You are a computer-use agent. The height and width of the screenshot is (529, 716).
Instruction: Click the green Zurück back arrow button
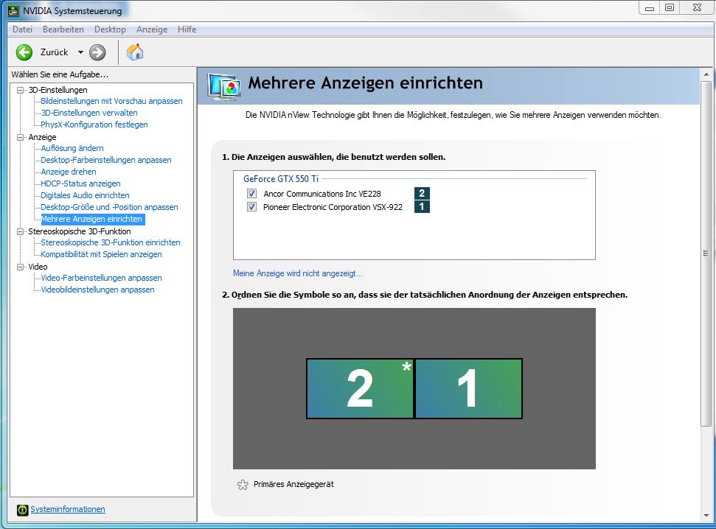click(24, 52)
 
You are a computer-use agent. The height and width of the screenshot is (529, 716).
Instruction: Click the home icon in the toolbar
click(135, 52)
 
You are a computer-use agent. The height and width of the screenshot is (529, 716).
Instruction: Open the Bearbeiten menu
click(63, 29)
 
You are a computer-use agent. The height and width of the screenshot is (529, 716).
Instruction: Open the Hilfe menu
click(187, 29)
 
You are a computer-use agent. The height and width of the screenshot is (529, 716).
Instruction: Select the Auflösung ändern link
click(72, 148)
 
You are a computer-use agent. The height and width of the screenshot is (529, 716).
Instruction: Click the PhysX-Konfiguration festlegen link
click(94, 125)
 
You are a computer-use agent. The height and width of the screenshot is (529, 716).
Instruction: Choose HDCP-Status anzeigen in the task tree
click(80, 183)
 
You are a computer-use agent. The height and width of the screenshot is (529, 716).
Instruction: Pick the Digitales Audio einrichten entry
click(85, 195)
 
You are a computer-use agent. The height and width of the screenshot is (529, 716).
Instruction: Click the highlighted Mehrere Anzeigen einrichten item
click(91, 219)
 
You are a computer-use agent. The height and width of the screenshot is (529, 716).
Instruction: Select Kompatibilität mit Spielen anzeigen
click(101, 254)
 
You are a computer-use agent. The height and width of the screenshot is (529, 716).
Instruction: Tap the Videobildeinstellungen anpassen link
click(97, 290)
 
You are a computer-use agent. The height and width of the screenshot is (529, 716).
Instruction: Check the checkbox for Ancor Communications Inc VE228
click(251, 194)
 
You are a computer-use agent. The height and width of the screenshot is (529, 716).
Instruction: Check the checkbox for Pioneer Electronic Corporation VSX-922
click(251, 207)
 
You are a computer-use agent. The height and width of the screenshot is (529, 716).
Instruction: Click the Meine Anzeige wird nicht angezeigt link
click(298, 273)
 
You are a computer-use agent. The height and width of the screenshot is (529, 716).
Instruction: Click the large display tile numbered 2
click(360, 388)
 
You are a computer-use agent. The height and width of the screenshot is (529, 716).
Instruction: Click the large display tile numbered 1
click(468, 388)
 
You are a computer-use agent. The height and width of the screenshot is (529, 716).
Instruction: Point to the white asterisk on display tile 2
click(406, 366)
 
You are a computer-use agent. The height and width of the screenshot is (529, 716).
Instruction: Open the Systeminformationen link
click(68, 509)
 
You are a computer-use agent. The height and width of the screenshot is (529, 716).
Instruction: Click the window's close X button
click(697, 8)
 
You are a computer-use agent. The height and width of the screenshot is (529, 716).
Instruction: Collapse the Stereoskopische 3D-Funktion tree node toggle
click(20, 231)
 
